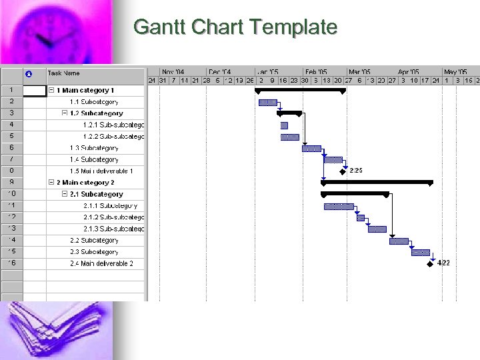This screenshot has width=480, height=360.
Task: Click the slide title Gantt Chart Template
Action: click(x=235, y=27)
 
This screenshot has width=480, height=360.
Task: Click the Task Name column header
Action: click(x=64, y=73)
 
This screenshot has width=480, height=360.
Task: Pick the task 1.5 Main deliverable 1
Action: click(x=101, y=171)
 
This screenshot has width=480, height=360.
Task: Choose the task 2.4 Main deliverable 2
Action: click(x=101, y=263)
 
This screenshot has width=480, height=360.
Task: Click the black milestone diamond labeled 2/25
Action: click(x=343, y=171)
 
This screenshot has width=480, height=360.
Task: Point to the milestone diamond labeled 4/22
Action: click(x=431, y=263)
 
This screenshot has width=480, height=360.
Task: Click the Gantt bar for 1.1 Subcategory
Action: click(x=268, y=102)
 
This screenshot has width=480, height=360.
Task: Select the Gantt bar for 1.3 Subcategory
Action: click(x=311, y=148)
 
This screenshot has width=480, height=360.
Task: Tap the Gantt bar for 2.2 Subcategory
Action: click(x=399, y=241)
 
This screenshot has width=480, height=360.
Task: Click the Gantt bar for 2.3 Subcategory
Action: click(x=421, y=252)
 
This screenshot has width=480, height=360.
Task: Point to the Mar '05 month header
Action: click(x=359, y=71)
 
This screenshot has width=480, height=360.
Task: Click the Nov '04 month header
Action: click(x=173, y=71)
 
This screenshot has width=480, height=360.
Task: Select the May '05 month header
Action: click(x=455, y=71)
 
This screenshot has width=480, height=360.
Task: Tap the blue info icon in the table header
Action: click(x=28, y=73)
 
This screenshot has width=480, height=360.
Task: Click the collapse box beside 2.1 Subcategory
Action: click(x=65, y=194)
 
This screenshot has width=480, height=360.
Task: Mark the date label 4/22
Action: click(x=443, y=263)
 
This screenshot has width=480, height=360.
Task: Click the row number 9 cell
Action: click(x=11, y=183)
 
